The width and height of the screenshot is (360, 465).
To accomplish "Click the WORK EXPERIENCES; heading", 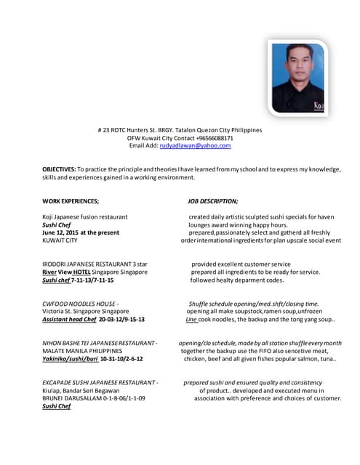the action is pyautogui.click(x=71, y=201).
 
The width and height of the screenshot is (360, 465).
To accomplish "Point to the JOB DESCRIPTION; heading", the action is pyautogui.click(x=212, y=201).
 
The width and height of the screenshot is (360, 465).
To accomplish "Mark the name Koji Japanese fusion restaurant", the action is pyautogui.click(x=85, y=217).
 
